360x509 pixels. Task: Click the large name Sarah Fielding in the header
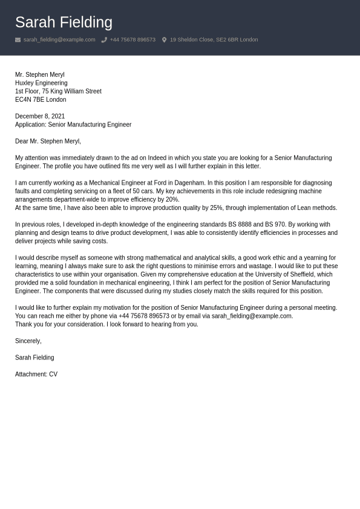pos(64,22)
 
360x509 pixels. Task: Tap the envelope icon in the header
pos(18,40)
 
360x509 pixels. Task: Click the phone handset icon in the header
pos(104,40)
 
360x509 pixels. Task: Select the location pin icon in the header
pos(164,40)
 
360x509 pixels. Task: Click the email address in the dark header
pos(59,40)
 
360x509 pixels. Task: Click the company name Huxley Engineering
pos(41,83)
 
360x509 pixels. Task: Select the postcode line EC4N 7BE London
pos(41,100)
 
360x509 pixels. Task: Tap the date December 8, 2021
pos(40,116)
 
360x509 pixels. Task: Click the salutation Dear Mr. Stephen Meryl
pos(48,141)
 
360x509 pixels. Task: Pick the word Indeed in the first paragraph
pos(157,158)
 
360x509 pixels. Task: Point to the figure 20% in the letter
pos(172,200)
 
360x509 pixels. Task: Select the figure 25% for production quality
pos(216,208)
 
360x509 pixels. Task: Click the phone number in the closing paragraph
pos(144,316)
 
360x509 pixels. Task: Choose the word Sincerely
pos(28,341)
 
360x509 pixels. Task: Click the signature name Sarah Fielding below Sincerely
pos(34,358)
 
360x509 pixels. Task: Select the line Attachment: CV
pos(36,375)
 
